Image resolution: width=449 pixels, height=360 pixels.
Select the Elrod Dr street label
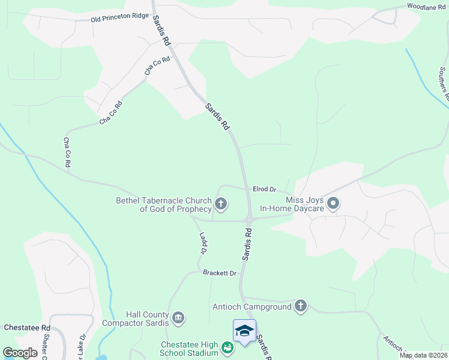point(264,189)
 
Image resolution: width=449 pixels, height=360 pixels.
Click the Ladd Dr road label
point(202,242)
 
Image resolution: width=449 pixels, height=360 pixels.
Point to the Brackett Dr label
point(220,273)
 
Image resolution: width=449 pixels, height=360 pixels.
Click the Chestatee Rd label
point(27,328)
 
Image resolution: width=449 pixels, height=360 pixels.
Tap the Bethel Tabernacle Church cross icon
point(221,205)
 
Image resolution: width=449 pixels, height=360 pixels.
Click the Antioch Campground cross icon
point(301,307)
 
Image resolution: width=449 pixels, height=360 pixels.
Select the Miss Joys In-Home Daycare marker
point(334,204)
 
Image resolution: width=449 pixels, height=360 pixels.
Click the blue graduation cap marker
point(244,331)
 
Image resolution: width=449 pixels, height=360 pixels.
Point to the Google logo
point(20,353)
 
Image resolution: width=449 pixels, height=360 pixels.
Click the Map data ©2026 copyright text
point(423,355)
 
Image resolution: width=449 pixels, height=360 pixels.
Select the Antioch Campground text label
point(252,307)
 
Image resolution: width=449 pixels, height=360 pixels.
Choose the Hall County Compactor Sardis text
point(147,319)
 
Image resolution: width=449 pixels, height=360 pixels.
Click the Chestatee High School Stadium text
point(190,349)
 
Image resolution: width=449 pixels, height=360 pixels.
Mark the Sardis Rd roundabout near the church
point(249,220)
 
